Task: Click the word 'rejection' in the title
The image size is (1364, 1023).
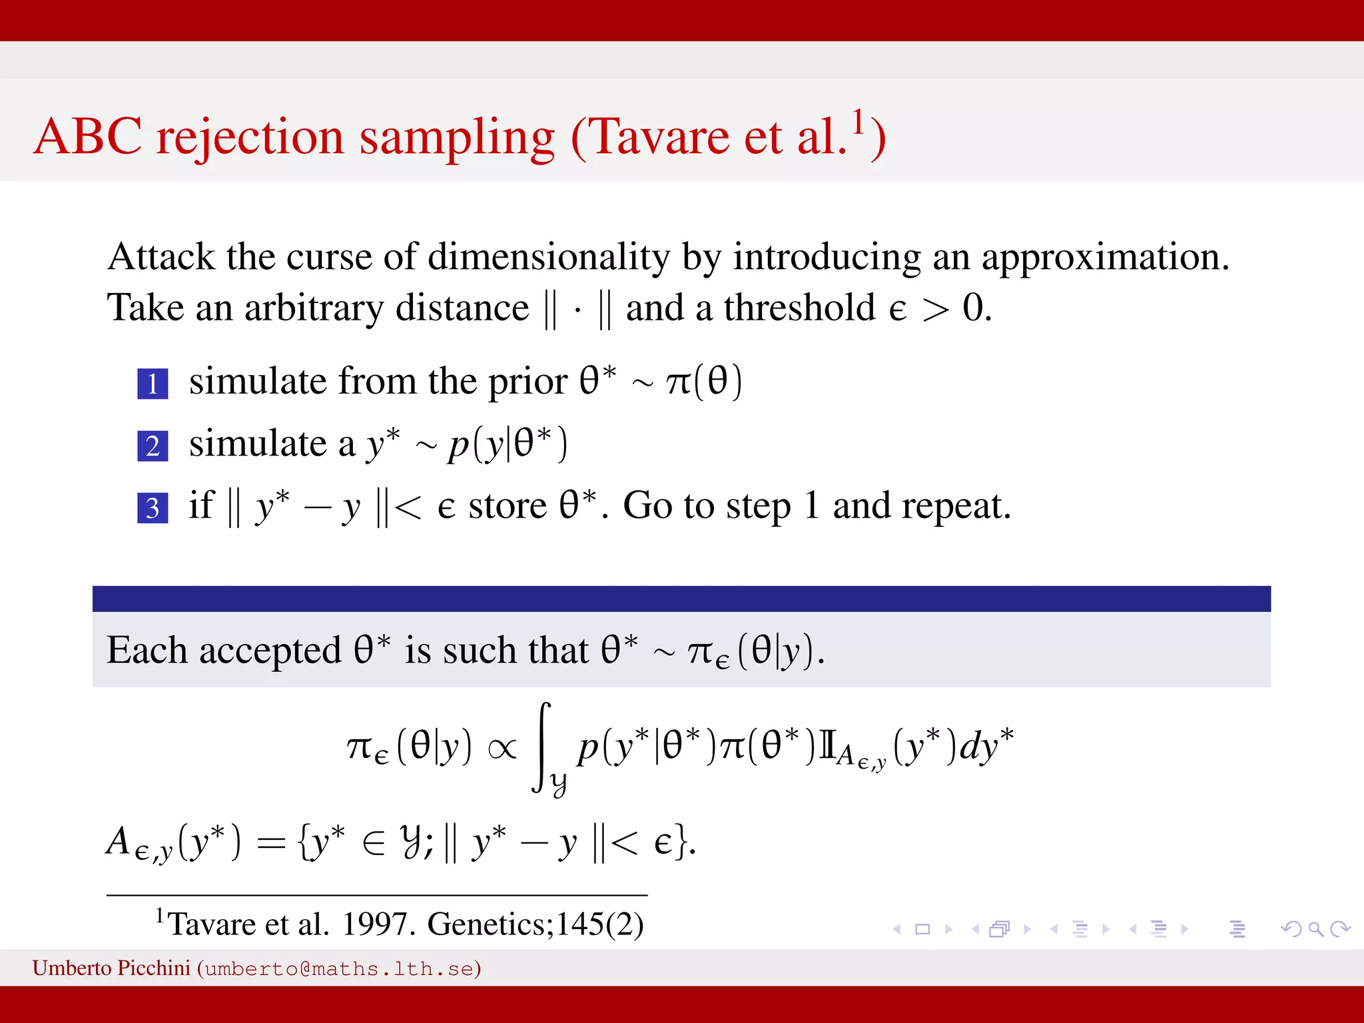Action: [250, 137]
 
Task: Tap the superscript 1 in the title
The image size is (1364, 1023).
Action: [858, 122]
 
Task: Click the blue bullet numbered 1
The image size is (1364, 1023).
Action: [153, 384]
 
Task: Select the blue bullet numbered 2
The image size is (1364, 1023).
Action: [153, 446]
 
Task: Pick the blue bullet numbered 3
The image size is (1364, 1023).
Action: [153, 508]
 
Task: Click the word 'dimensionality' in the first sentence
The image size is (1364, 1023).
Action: [548, 257]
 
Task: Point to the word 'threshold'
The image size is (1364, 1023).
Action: [799, 308]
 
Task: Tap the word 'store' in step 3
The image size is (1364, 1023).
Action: [508, 506]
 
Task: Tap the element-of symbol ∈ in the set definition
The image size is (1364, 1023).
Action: [374, 843]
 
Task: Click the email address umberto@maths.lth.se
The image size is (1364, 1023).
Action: [339, 968]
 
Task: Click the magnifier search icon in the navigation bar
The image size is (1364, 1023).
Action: [1315, 928]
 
